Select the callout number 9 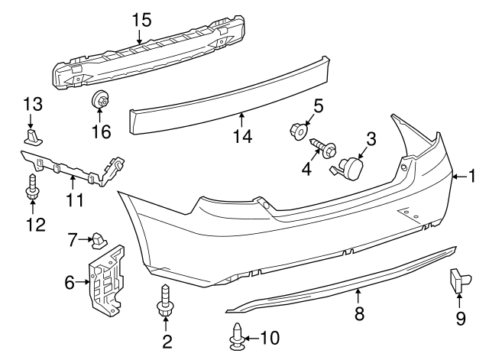pos(461,318)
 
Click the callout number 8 pos(359,312)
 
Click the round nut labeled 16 pos(100,100)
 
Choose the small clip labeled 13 pos(31,136)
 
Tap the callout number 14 pos(242,135)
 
